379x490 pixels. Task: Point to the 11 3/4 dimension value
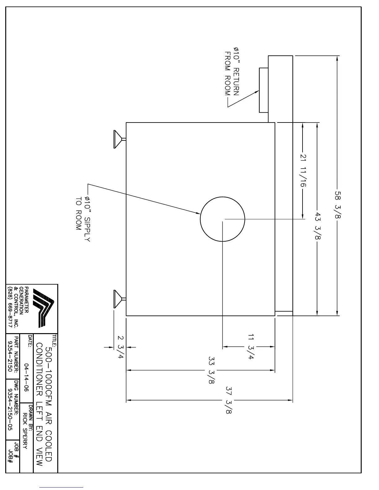251,346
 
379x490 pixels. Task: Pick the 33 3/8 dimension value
212,370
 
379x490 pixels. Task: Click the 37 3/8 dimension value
229,400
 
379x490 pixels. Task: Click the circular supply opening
223,219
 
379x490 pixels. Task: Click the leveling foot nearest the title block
119,299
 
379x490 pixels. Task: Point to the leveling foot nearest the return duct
119,139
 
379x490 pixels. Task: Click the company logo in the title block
44,307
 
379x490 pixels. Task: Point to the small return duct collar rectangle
264,90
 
